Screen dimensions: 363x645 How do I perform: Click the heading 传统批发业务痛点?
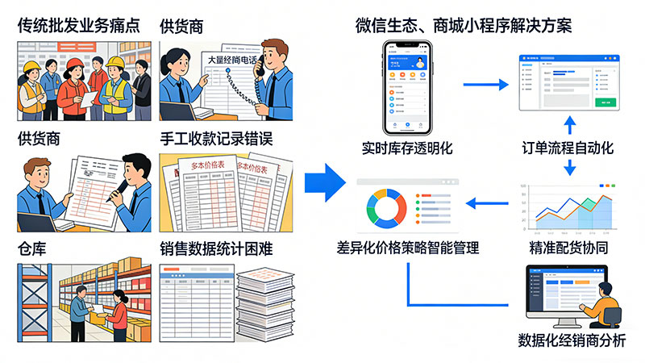click(78, 25)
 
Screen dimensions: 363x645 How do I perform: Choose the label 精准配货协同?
click(568, 248)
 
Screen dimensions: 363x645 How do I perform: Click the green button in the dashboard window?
click(605, 102)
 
